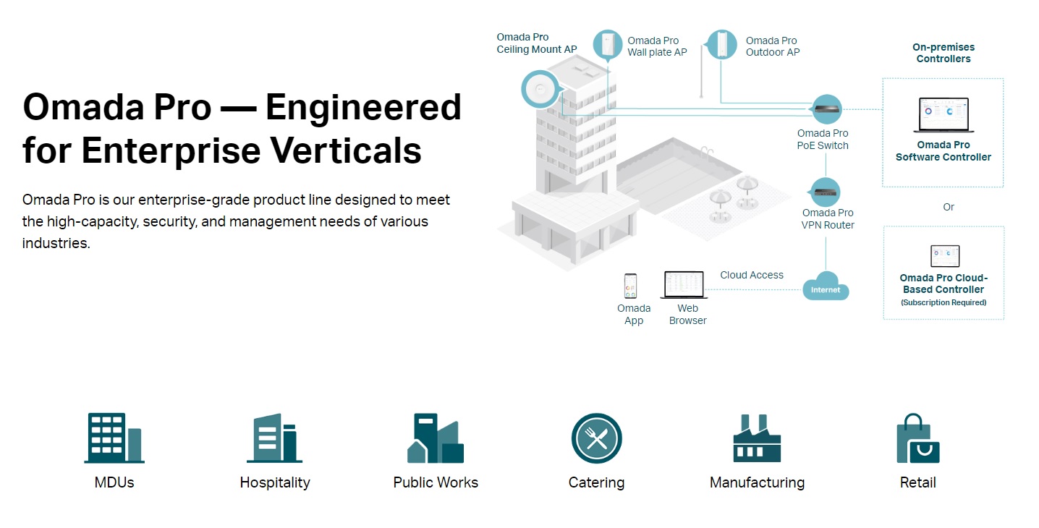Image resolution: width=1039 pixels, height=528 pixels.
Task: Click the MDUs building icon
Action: click(114, 438)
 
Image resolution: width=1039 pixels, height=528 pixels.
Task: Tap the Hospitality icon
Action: click(274, 438)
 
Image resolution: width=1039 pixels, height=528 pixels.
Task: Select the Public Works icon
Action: click(435, 438)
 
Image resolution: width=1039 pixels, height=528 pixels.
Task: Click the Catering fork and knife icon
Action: click(596, 438)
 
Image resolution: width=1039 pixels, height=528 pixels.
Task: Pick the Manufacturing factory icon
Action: click(757, 438)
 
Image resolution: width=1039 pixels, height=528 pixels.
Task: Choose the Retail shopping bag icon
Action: click(917, 438)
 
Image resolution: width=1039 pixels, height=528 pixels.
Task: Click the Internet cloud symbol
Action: click(826, 286)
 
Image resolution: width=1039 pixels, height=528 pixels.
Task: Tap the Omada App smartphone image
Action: click(631, 286)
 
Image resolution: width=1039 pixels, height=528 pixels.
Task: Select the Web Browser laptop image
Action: click(684, 284)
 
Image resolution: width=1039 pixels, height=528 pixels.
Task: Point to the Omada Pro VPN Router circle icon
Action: click(826, 192)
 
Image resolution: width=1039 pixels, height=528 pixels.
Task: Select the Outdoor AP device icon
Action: click(721, 45)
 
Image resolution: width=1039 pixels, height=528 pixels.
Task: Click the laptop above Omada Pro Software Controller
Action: click(943, 115)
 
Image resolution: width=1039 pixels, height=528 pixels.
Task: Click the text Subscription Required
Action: click(943, 302)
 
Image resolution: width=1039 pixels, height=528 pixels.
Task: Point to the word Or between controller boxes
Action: click(949, 207)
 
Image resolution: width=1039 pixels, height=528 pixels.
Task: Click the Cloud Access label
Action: click(752, 275)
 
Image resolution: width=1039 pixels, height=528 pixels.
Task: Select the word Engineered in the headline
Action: click(362, 108)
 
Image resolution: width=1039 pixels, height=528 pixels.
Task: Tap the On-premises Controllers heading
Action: click(943, 53)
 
